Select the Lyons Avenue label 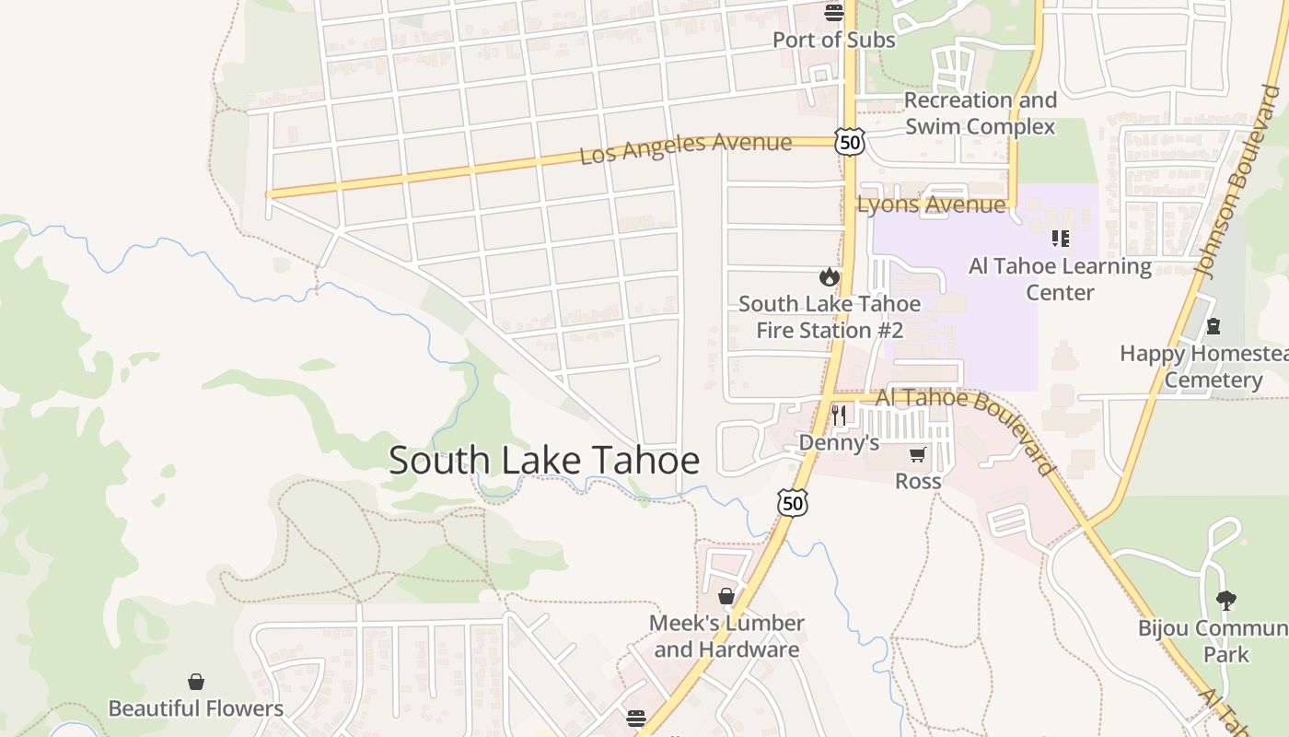click(931, 205)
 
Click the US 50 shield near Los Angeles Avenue click(850, 141)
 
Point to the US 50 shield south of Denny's click(793, 502)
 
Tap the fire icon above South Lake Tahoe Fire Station click(830, 276)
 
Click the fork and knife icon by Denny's click(838, 415)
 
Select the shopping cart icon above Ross click(917, 454)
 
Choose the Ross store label click(918, 481)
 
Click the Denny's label click(839, 443)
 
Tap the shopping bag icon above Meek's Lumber click(726, 596)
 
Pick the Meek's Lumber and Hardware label click(726, 636)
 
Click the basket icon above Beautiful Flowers click(196, 682)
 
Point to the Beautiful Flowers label click(196, 708)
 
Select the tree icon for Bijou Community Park click(1225, 601)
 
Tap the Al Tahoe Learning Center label click(1060, 279)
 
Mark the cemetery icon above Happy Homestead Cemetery click(1214, 326)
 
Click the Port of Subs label click(833, 40)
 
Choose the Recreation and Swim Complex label click(980, 112)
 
